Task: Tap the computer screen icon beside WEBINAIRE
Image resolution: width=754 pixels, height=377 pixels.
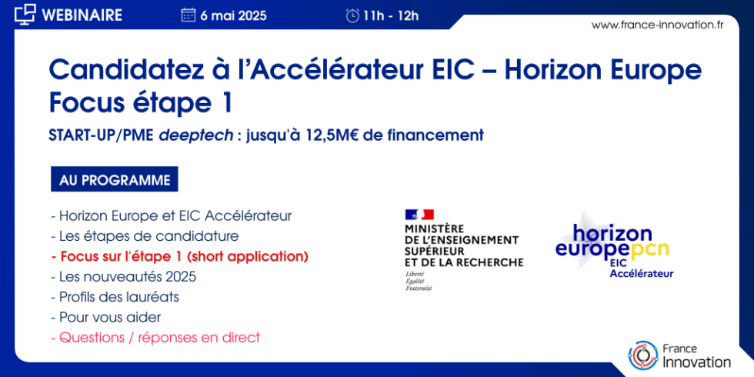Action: [x=25, y=13]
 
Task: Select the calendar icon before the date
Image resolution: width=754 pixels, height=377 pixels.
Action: [x=188, y=15]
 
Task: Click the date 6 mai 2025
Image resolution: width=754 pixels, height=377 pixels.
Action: [x=234, y=15]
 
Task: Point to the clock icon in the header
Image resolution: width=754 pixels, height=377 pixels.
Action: [x=352, y=15]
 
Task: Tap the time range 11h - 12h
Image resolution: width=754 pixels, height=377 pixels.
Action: [x=392, y=15]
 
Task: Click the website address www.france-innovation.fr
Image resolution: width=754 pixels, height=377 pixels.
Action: [x=657, y=25]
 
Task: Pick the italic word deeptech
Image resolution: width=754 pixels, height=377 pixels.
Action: [x=195, y=135]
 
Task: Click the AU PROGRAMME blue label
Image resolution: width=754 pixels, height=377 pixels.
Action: [x=114, y=180]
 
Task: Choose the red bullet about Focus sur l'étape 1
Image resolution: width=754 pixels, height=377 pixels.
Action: [x=178, y=256]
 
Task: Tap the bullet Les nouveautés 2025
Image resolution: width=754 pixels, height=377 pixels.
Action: [x=123, y=276]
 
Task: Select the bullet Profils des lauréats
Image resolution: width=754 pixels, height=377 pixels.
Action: [x=115, y=296]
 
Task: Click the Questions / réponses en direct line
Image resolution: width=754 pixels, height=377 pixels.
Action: [x=155, y=337]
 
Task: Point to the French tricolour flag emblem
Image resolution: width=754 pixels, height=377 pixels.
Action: [x=419, y=215]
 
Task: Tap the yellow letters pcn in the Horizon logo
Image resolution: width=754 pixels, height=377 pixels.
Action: [x=649, y=249]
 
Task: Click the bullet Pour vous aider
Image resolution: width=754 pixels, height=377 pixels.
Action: [x=105, y=316]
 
